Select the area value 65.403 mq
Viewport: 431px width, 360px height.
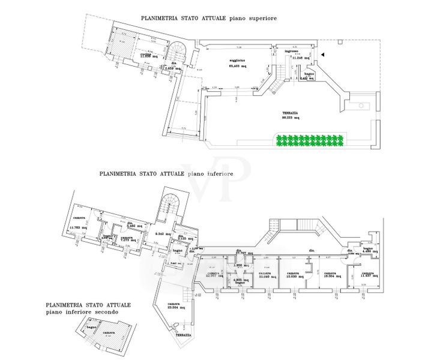[x=237, y=66]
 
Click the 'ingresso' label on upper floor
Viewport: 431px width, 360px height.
[x=292, y=52]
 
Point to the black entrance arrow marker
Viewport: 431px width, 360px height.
[x=323, y=55]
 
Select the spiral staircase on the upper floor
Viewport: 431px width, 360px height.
[x=179, y=54]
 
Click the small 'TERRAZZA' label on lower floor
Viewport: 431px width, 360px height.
[x=184, y=334]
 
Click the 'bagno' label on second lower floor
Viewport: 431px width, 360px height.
[x=91, y=328]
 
